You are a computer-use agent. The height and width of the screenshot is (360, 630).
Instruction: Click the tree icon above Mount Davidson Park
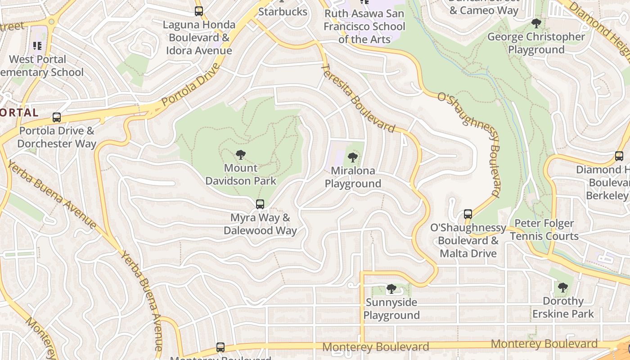[x=241, y=155]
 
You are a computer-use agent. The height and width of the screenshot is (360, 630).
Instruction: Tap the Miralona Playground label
[x=353, y=177]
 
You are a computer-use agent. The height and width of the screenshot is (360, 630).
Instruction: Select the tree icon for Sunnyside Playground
[x=391, y=288]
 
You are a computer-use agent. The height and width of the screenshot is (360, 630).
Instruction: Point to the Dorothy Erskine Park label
[x=563, y=307]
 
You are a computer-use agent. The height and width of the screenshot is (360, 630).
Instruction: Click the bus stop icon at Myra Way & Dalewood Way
[x=260, y=204]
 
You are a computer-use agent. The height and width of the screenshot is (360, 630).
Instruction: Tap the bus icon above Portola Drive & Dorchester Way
[x=57, y=117]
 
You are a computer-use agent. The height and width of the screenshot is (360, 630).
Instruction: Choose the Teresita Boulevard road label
[x=359, y=98]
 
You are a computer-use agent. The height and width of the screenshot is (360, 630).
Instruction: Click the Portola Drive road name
[x=191, y=85]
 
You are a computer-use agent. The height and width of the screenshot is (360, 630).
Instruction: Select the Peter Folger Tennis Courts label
[x=544, y=229]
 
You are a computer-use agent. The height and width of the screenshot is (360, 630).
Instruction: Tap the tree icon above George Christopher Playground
[x=536, y=23]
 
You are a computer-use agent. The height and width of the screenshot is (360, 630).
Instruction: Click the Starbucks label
[x=283, y=12]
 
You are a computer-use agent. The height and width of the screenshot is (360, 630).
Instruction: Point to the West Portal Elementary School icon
[x=37, y=46]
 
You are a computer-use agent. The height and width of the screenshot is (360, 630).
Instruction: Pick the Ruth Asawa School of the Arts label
[x=364, y=26]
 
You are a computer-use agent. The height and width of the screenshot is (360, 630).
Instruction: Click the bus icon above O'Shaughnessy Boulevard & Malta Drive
[x=468, y=214]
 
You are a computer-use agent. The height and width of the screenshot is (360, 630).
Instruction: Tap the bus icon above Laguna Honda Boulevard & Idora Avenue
[x=199, y=11]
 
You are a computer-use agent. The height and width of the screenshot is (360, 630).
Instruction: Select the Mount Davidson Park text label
[x=241, y=175]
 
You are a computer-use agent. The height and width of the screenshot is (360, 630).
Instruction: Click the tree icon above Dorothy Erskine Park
[x=562, y=287]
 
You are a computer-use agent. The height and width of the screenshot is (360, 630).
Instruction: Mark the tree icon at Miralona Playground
[x=353, y=157]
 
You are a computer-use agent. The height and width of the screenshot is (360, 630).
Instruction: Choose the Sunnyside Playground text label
[x=391, y=309]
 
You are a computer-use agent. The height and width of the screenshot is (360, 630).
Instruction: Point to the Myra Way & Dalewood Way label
[x=260, y=224]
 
